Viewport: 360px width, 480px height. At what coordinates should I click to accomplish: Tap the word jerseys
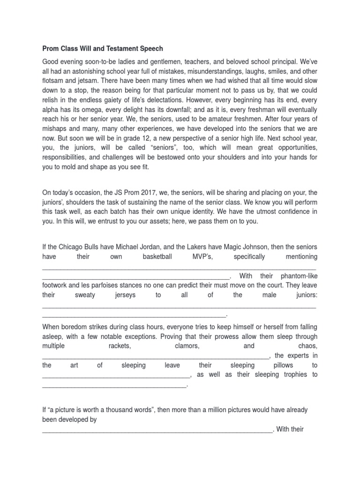(125, 295)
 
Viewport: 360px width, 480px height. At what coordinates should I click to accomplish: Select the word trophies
(292, 374)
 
